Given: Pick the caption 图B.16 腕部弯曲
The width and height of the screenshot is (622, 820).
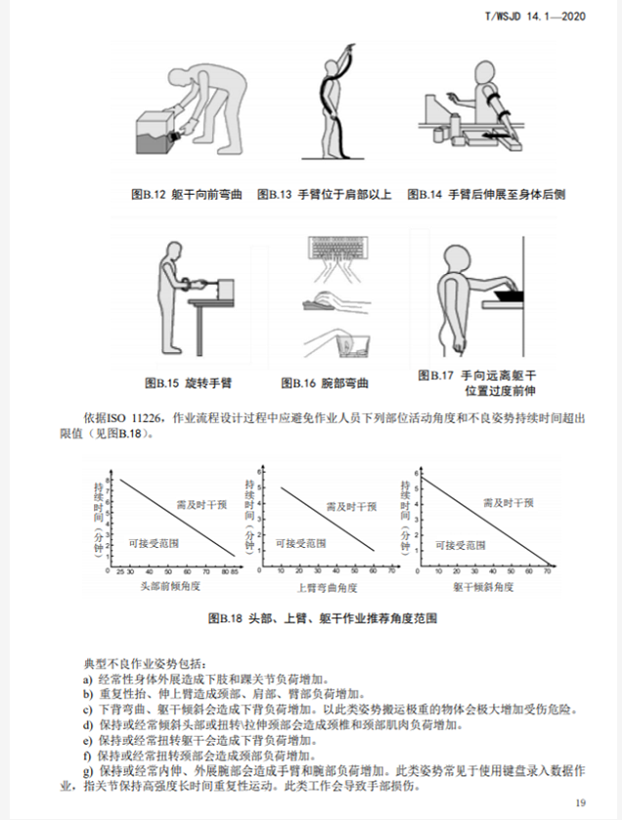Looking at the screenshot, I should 325,382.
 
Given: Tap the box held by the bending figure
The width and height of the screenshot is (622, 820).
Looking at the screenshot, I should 154,133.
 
